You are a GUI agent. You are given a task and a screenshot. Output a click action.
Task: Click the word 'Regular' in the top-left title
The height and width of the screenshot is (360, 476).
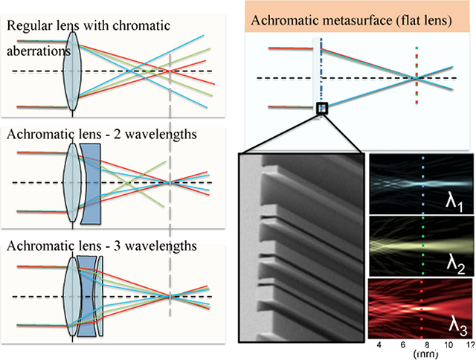(30, 27)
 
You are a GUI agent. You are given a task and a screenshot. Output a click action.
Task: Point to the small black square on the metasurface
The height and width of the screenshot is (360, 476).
(321, 109)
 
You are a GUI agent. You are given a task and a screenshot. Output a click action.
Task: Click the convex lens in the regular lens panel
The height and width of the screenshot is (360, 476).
(72, 71)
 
